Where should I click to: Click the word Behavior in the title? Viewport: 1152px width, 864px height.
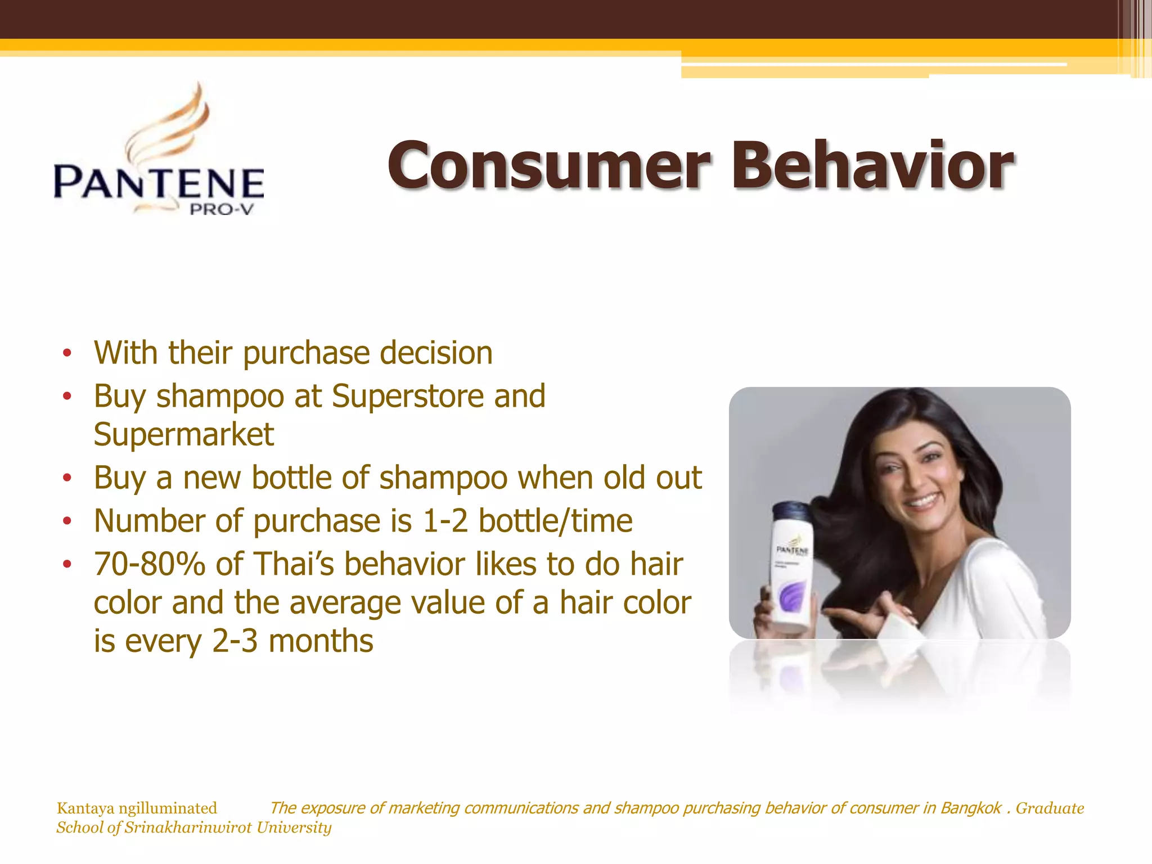point(872,166)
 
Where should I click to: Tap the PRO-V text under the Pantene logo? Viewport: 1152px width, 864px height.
point(222,210)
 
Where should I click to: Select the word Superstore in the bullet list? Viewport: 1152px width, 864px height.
point(407,396)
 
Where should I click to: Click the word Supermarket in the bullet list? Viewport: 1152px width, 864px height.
point(184,434)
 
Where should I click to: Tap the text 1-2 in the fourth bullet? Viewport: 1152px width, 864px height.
point(444,521)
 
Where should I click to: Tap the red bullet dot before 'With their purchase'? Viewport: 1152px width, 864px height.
point(67,353)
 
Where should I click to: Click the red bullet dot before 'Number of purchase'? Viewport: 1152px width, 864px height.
point(67,521)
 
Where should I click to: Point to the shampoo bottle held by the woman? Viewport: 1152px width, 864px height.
point(790,568)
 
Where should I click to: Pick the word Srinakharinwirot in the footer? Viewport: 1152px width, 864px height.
point(188,827)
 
